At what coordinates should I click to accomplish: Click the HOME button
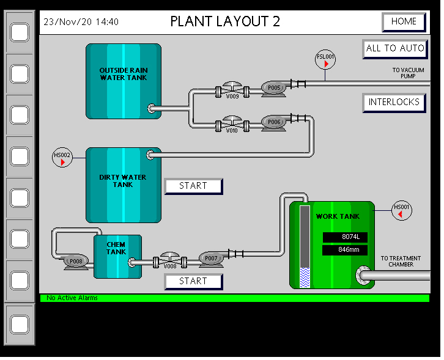coord(404,22)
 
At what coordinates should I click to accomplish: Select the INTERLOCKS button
coord(394,103)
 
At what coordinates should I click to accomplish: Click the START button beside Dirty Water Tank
coord(193,186)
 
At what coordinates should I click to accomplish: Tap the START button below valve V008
coord(193,281)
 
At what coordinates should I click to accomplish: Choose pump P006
coord(273,123)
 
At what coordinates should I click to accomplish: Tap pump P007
coord(211,259)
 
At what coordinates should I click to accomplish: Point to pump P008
coord(75,262)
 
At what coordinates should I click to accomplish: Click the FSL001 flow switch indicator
coord(325,59)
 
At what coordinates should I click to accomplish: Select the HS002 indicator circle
coord(62,158)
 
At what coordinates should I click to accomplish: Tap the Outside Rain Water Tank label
coord(124,74)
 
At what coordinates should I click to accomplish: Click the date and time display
coord(81,22)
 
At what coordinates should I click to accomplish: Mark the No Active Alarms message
coord(72,298)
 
